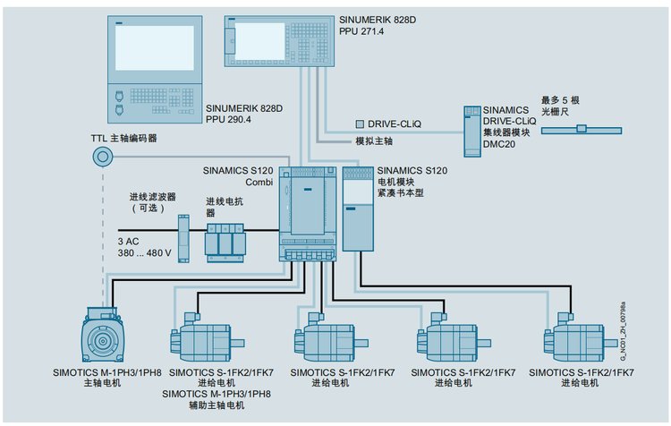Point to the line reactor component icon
click(225, 240)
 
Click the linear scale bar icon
click(581, 129)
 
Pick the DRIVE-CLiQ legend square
click(359, 123)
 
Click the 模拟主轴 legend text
click(375, 141)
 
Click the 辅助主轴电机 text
click(217, 405)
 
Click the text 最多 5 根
click(562, 100)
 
